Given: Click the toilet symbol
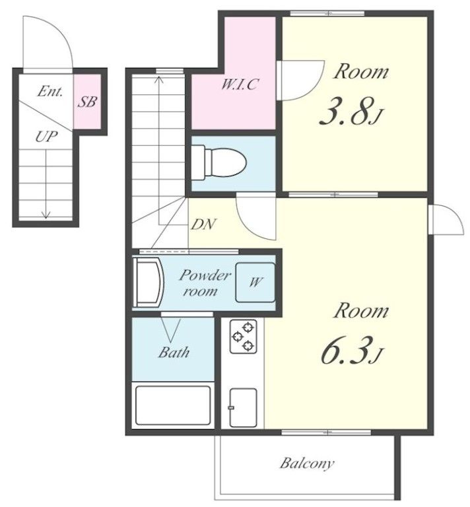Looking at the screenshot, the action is tap(219, 162).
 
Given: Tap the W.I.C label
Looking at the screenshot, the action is tap(240, 84).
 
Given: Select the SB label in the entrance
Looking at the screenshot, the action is tap(87, 102).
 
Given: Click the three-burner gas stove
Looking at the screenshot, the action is tap(244, 336).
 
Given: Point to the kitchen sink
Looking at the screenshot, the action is tap(243, 407).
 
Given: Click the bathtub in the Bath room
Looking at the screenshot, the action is tap(173, 405).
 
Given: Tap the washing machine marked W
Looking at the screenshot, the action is tap(255, 283).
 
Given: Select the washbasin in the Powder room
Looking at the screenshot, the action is tap(149, 282).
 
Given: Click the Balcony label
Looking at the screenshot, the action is tap(306, 463).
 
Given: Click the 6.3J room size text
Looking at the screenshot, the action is tap(351, 350).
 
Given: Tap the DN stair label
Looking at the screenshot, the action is tap(204, 224).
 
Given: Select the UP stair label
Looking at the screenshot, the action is tap(47, 137).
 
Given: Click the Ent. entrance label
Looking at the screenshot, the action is tap(50, 91).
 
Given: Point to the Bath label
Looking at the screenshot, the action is tap(174, 352).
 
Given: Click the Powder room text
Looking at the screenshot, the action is tap(205, 283).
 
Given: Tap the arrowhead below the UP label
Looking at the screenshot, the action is tap(46, 215).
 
